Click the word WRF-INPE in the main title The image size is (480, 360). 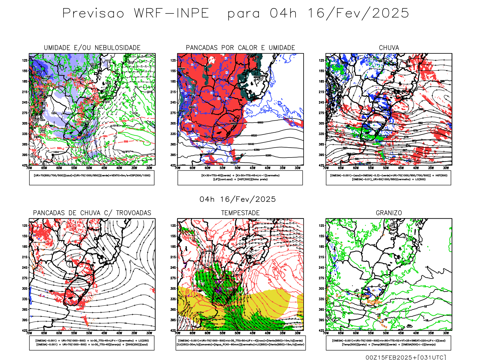tap(171, 13)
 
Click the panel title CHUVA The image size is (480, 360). tap(389, 48)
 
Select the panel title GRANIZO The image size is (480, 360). tap(389, 213)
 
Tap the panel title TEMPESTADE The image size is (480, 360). tap(240, 213)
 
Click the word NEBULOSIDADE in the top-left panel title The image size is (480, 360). tap(117, 48)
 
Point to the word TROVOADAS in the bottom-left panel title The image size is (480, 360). tap(133, 213)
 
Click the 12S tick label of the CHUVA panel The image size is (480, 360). tap(322, 60)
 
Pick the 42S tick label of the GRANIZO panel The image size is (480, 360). tap(322, 330)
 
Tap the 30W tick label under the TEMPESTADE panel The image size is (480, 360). tap(297, 333)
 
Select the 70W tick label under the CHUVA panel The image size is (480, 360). tap(326, 168)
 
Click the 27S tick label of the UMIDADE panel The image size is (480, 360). tap(25, 113)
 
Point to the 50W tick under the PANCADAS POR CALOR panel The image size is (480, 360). tap(237, 168)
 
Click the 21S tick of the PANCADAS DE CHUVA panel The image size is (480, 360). tap(25, 257)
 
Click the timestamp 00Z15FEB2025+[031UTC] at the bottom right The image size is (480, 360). tap(406, 357)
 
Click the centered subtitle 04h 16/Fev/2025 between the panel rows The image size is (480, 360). tap(238, 199)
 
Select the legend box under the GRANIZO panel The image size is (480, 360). tap(388, 343)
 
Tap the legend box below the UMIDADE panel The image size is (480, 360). tap(92, 178)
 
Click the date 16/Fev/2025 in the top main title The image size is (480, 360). tap(358, 13)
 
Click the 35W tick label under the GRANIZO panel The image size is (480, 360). tap(431, 333)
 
